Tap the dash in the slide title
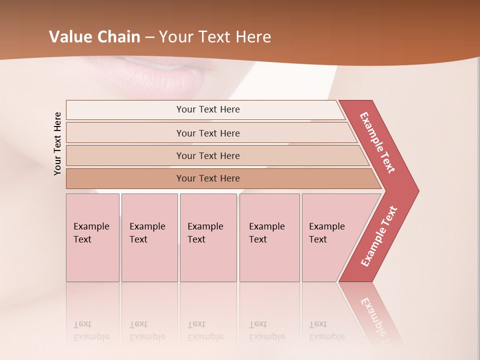click(x=149, y=37)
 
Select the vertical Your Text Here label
click(x=57, y=143)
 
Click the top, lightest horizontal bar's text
click(x=208, y=109)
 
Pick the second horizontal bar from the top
click(x=208, y=133)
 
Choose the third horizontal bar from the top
click(x=208, y=155)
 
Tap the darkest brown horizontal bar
click(x=208, y=178)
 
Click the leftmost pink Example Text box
click(x=92, y=237)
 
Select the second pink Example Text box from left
click(x=149, y=237)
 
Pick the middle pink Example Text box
click(x=208, y=237)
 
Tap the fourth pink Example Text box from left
click(x=269, y=237)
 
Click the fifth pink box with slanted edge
click(x=330, y=237)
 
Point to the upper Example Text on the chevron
click(x=377, y=142)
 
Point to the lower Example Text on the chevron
click(x=379, y=236)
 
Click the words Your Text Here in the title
click(x=215, y=37)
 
